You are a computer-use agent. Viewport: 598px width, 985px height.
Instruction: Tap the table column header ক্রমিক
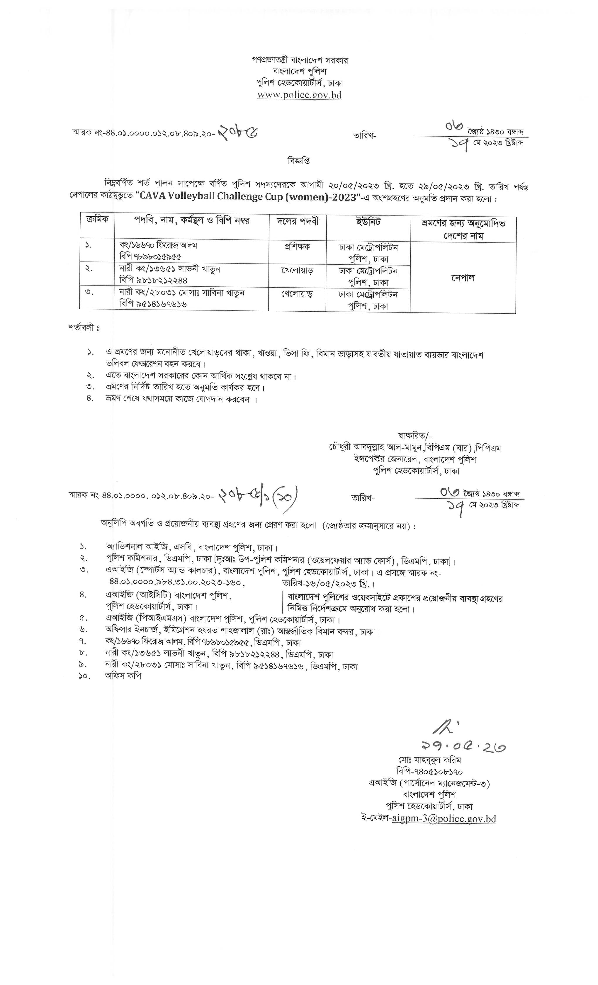coord(97,220)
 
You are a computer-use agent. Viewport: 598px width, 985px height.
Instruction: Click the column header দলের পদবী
coord(298,221)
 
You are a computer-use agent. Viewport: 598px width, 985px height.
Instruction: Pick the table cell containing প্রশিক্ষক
coord(297,247)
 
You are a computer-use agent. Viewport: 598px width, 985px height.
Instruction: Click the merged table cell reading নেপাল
coord(463,278)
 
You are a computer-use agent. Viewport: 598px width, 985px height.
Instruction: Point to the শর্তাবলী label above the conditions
coord(84,328)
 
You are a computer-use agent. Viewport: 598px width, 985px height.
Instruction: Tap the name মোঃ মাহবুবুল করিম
coord(429,760)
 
